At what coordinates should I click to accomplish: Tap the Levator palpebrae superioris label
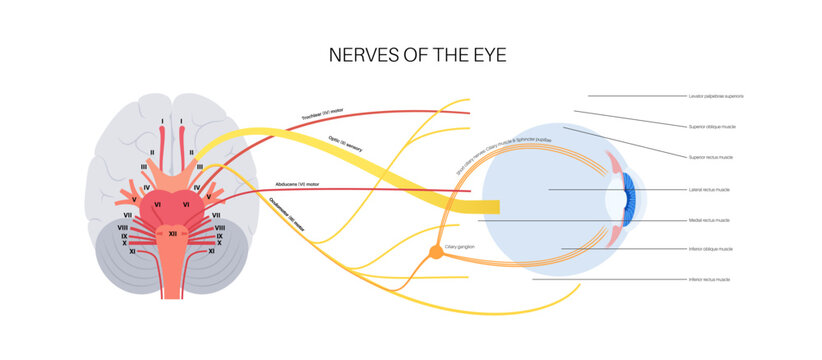click(x=716, y=97)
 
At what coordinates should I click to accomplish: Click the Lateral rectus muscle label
click(x=709, y=189)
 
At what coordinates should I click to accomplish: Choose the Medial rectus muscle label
click(x=709, y=219)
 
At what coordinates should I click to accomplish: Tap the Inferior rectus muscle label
click(x=709, y=280)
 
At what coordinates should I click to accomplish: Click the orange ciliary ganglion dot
click(x=436, y=254)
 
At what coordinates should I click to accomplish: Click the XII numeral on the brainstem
click(x=172, y=232)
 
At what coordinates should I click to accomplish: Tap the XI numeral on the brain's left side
click(x=131, y=252)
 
